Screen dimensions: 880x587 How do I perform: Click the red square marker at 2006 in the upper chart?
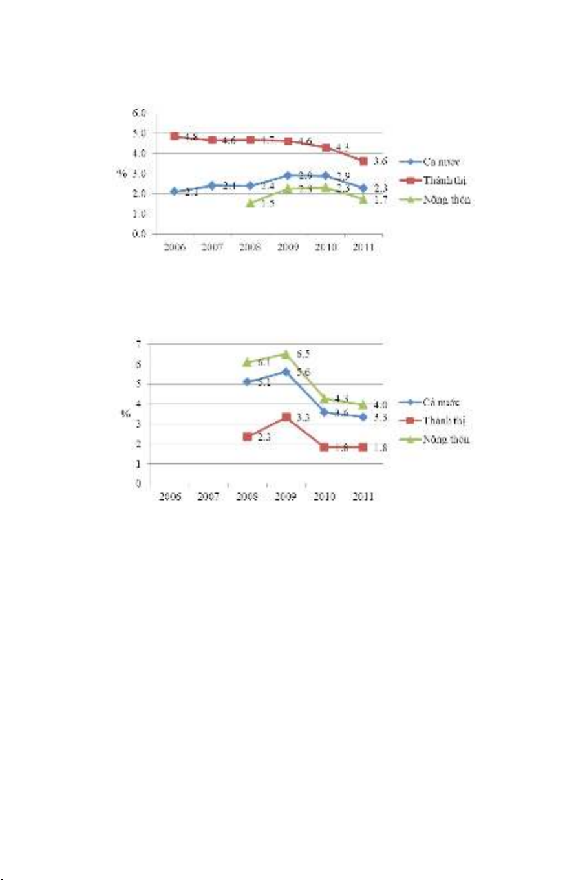pyautogui.click(x=175, y=136)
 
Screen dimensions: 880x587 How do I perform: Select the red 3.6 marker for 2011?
pyautogui.click(x=363, y=161)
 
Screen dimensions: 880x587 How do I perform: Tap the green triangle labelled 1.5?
pyautogui.click(x=250, y=203)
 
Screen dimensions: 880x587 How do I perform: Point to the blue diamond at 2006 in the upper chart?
pyautogui.click(x=175, y=191)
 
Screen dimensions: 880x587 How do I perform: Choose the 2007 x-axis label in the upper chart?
pyautogui.click(x=212, y=248)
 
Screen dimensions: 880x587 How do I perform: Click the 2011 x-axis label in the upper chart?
pyautogui.click(x=363, y=248)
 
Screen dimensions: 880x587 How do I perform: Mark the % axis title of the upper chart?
pyautogui.click(x=121, y=174)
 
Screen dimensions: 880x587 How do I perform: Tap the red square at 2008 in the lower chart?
pyautogui.click(x=248, y=437)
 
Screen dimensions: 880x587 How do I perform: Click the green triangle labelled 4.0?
pyautogui.click(x=363, y=405)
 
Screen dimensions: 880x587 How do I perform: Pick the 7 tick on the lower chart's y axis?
pyautogui.click(x=138, y=344)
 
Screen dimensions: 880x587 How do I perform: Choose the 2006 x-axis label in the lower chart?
pyautogui.click(x=170, y=498)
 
